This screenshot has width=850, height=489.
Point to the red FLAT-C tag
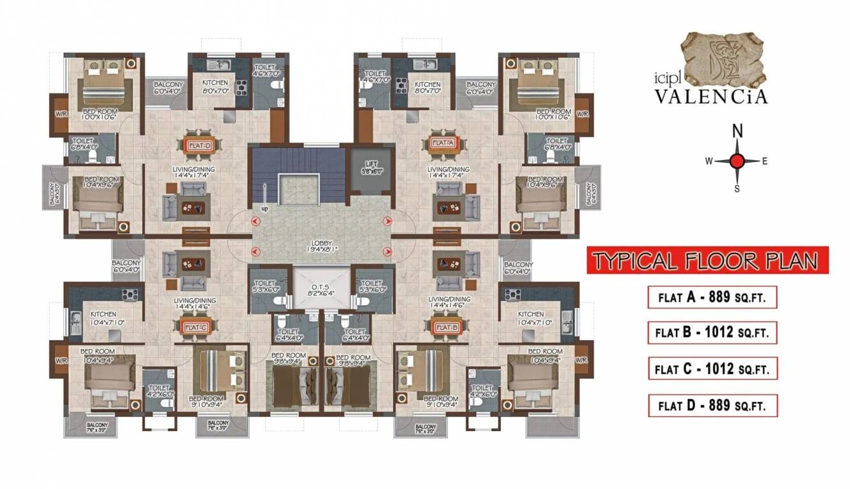(196, 328)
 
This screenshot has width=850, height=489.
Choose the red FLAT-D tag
(199, 145)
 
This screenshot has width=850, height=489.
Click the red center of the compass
(737, 161)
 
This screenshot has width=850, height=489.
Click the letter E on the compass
(765, 162)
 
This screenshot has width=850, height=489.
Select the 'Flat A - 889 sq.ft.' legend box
(712, 297)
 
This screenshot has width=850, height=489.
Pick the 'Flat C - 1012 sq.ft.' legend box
(712, 369)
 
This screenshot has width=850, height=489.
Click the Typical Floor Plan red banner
(707, 261)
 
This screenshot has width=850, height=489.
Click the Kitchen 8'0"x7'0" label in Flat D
(215, 87)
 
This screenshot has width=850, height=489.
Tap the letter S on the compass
(737, 188)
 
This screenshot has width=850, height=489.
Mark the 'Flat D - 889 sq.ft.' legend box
(712, 405)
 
